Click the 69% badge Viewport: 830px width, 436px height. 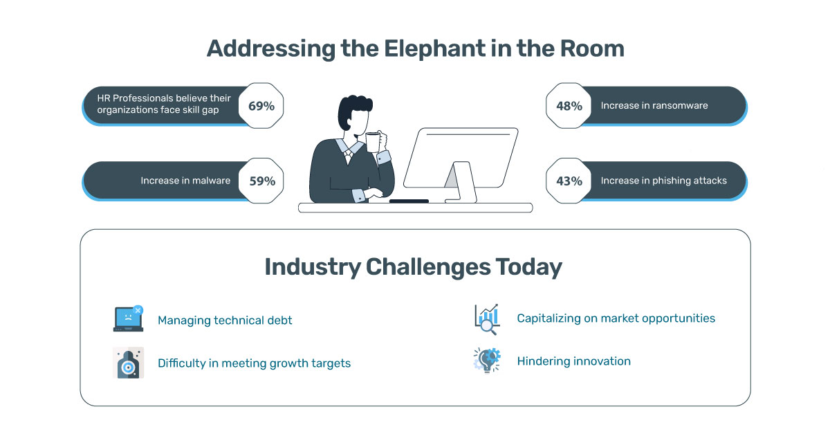click(x=261, y=106)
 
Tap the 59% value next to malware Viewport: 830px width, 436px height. click(x=261, y=181)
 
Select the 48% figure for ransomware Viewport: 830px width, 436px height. click(x=569, y=106)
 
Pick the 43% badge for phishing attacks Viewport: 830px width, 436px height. click(x=569, y=181)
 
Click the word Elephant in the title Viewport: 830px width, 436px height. click(x=434, y=49)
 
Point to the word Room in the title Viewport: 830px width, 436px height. click(x=592, y=48)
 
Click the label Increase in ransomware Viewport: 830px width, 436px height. click(x=654, y=106)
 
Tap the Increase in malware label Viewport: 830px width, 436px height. click(x=185, y=181)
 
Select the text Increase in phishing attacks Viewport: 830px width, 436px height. click(x=663, y=181)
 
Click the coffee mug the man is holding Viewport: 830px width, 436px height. click(x=373, y=142)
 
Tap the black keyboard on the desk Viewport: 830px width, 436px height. click(x=409, y=201)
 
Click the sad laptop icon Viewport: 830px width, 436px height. click(x=128, y=318)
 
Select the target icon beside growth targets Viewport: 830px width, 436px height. click(x=128, y=363)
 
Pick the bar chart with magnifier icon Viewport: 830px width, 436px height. click(x=487, y=319)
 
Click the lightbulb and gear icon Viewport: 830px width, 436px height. click(x=487, y=360)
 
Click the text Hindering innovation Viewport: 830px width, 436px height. click(x=573, y=361)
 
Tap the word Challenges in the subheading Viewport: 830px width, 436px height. click(x=428, y=267)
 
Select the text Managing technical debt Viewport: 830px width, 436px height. click(x=225, y=320)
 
